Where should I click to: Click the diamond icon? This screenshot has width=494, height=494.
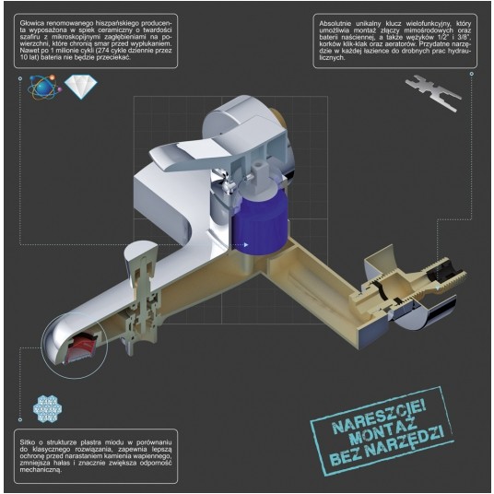pyautogui.click(x=81, y=87)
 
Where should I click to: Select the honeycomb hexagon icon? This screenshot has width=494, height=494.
pyautogui.click(x=48, y=408)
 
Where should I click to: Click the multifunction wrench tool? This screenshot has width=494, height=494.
pyautogui.click(x=433, y=92)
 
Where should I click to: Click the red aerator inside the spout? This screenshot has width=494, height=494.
pyautogui.click(x=83, y=347)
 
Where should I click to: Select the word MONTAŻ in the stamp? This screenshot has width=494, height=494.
pyautogui.click(x=383, y=432)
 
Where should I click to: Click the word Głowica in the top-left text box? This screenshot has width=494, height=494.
pyautogui.click(x=29, y=23)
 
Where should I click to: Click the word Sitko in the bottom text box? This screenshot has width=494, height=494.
pyautogui.click(x=27, y=442)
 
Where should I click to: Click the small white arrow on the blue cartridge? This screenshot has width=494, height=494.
pyautogui.click(x=246, y=244)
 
